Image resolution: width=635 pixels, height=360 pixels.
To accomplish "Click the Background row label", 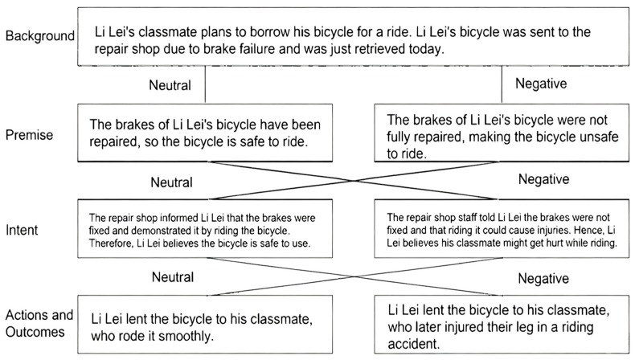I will coord(39,37).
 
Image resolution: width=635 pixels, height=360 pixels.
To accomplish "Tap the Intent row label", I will coord(26,231).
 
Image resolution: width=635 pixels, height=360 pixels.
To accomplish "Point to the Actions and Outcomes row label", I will coord(39,321).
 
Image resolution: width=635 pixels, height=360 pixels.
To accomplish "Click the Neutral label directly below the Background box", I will coord(171,84).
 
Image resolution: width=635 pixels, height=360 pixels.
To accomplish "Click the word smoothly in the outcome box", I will coord(186,336).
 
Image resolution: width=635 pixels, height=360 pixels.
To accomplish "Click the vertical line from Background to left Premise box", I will coord(206,84).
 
